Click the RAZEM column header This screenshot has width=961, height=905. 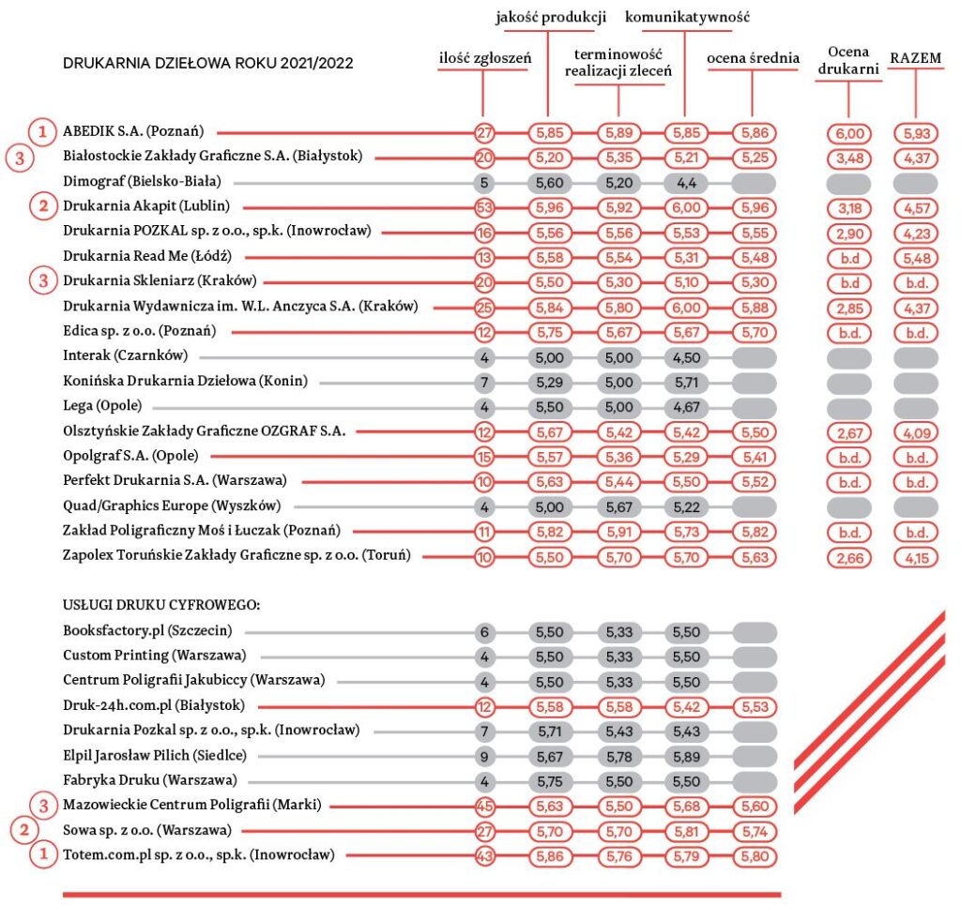915,58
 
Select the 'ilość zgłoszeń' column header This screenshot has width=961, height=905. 485,58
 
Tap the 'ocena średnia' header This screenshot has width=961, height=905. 753,58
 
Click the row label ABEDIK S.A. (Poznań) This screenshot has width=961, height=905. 133,131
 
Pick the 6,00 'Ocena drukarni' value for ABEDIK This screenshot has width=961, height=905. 848,133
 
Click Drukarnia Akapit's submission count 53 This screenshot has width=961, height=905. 484,207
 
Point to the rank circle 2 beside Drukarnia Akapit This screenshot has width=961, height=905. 43,205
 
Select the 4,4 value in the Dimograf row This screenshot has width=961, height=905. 686,183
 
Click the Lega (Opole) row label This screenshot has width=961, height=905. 102,405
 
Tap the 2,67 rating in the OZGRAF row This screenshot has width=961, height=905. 848,433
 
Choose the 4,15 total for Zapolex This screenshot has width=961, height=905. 916,558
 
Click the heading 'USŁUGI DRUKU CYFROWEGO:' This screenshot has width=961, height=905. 161,605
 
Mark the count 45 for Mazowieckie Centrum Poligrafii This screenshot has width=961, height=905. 484,807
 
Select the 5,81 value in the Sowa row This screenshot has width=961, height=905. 686,832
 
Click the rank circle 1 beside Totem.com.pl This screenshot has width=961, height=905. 43,853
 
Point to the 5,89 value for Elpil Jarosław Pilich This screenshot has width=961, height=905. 686,757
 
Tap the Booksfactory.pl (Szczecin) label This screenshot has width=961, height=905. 147,630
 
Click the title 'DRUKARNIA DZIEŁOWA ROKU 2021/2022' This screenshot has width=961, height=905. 207,63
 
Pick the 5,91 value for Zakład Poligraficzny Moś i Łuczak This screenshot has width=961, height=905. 619,532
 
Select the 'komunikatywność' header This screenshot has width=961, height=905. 687,17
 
